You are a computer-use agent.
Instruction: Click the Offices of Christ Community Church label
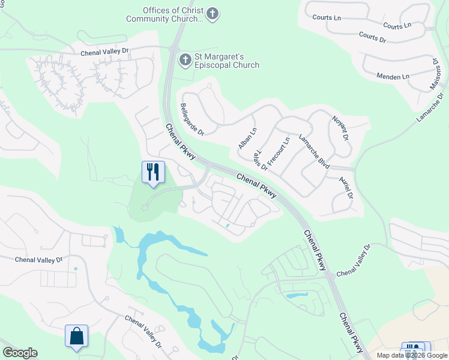coord(164,14)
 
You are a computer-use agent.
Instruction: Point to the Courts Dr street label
coord(373,37)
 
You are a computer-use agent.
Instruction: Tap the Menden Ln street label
coord(393,76)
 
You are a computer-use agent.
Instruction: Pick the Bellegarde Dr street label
coord(192,119)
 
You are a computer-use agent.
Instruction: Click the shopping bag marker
coord(77,337)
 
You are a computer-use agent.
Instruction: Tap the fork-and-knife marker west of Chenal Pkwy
coord(153,172)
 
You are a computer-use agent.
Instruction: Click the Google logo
coord(20,353)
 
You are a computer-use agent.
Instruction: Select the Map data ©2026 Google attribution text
coord(412,355)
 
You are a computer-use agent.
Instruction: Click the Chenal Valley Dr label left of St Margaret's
coord(105,52)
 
